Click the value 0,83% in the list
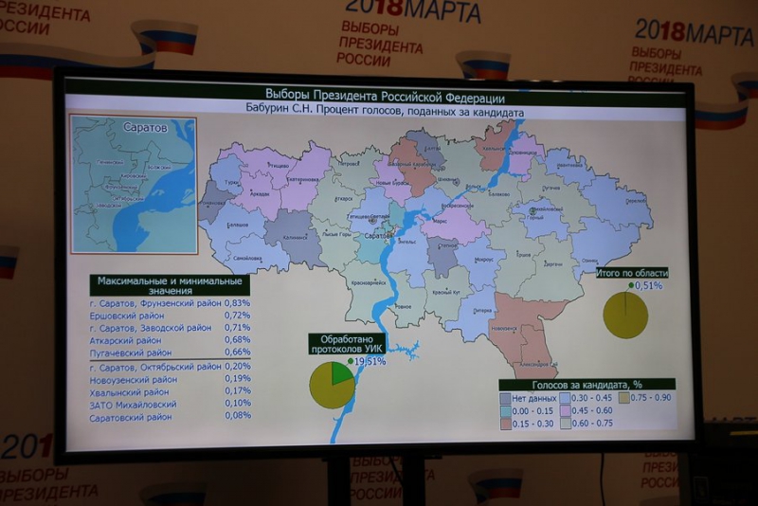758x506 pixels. (237, 303)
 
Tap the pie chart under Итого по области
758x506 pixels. (625, 316)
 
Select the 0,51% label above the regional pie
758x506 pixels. (648, 284)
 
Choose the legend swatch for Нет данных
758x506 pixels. (506, 398)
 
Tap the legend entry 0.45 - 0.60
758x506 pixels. (592, 410)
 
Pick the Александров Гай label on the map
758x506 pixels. (534, 363)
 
